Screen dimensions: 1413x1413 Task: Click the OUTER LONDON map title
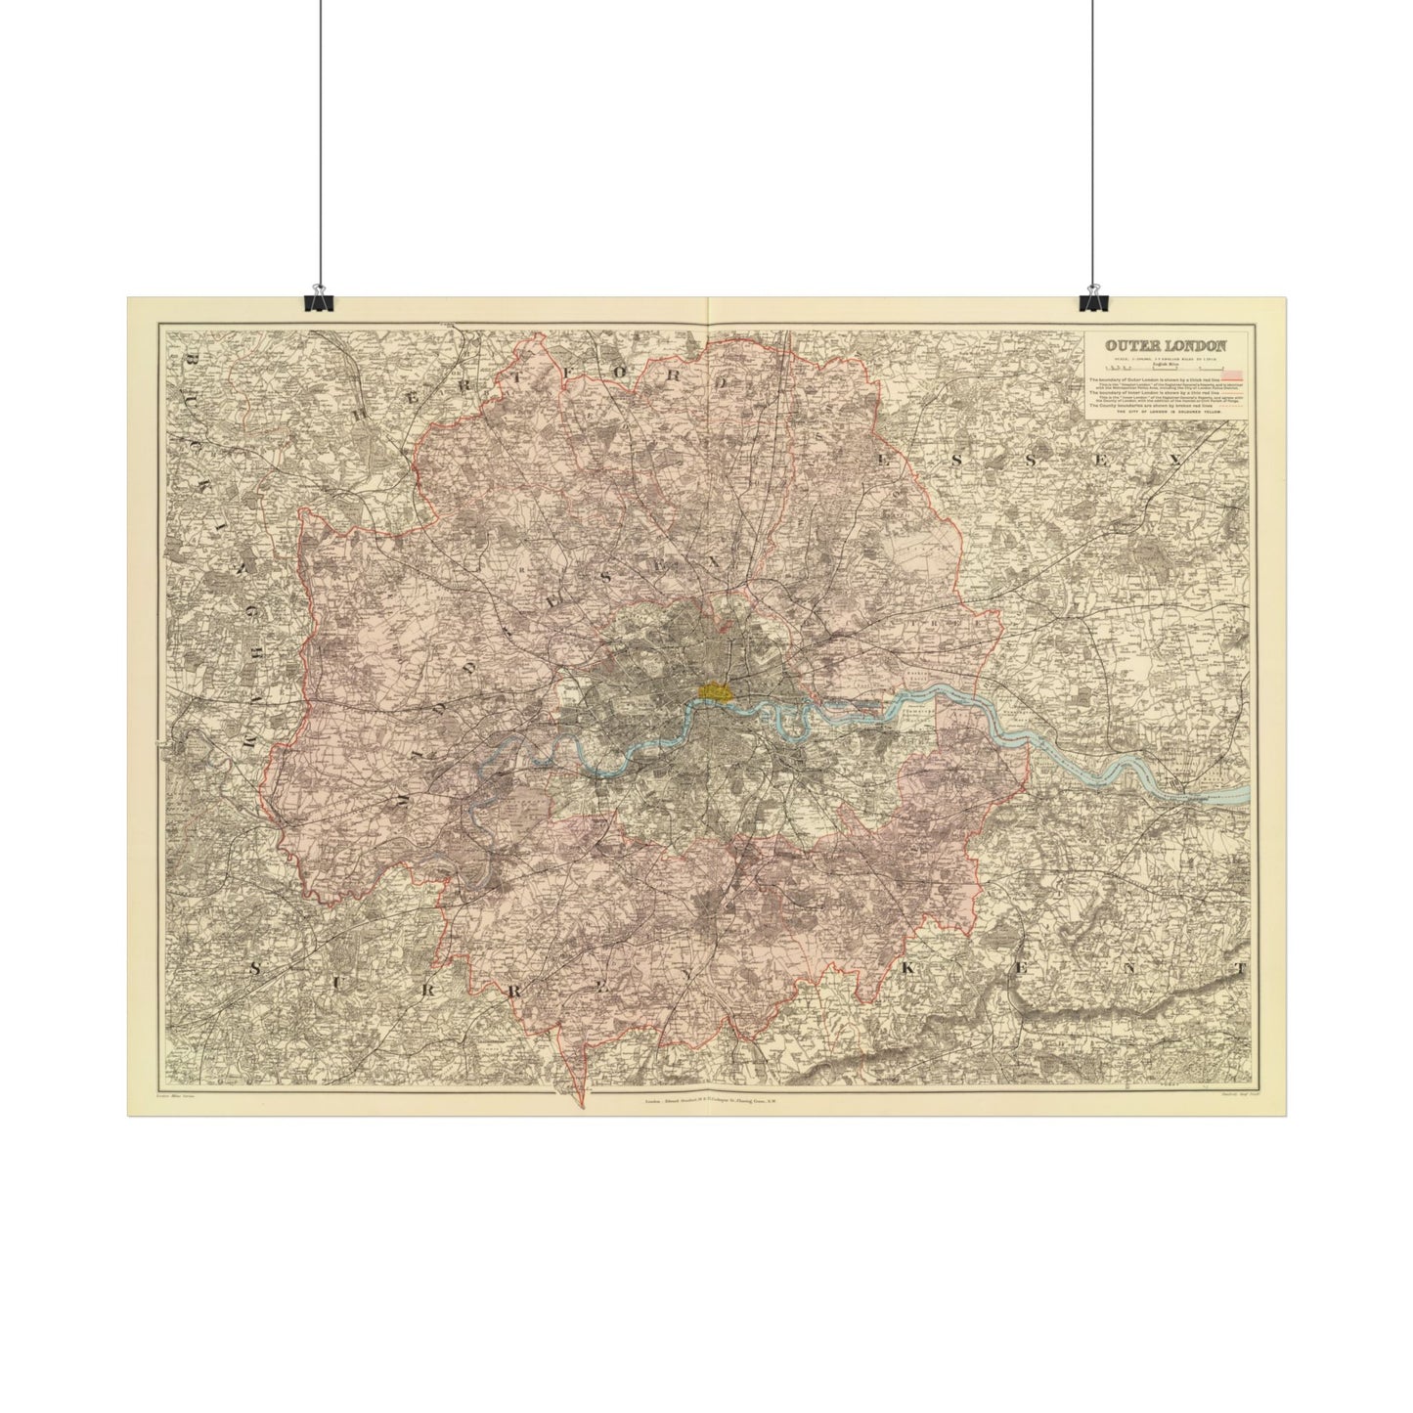[1163, 344]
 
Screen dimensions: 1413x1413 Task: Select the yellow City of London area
[715, 689]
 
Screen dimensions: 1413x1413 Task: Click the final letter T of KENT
[1241, 970]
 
